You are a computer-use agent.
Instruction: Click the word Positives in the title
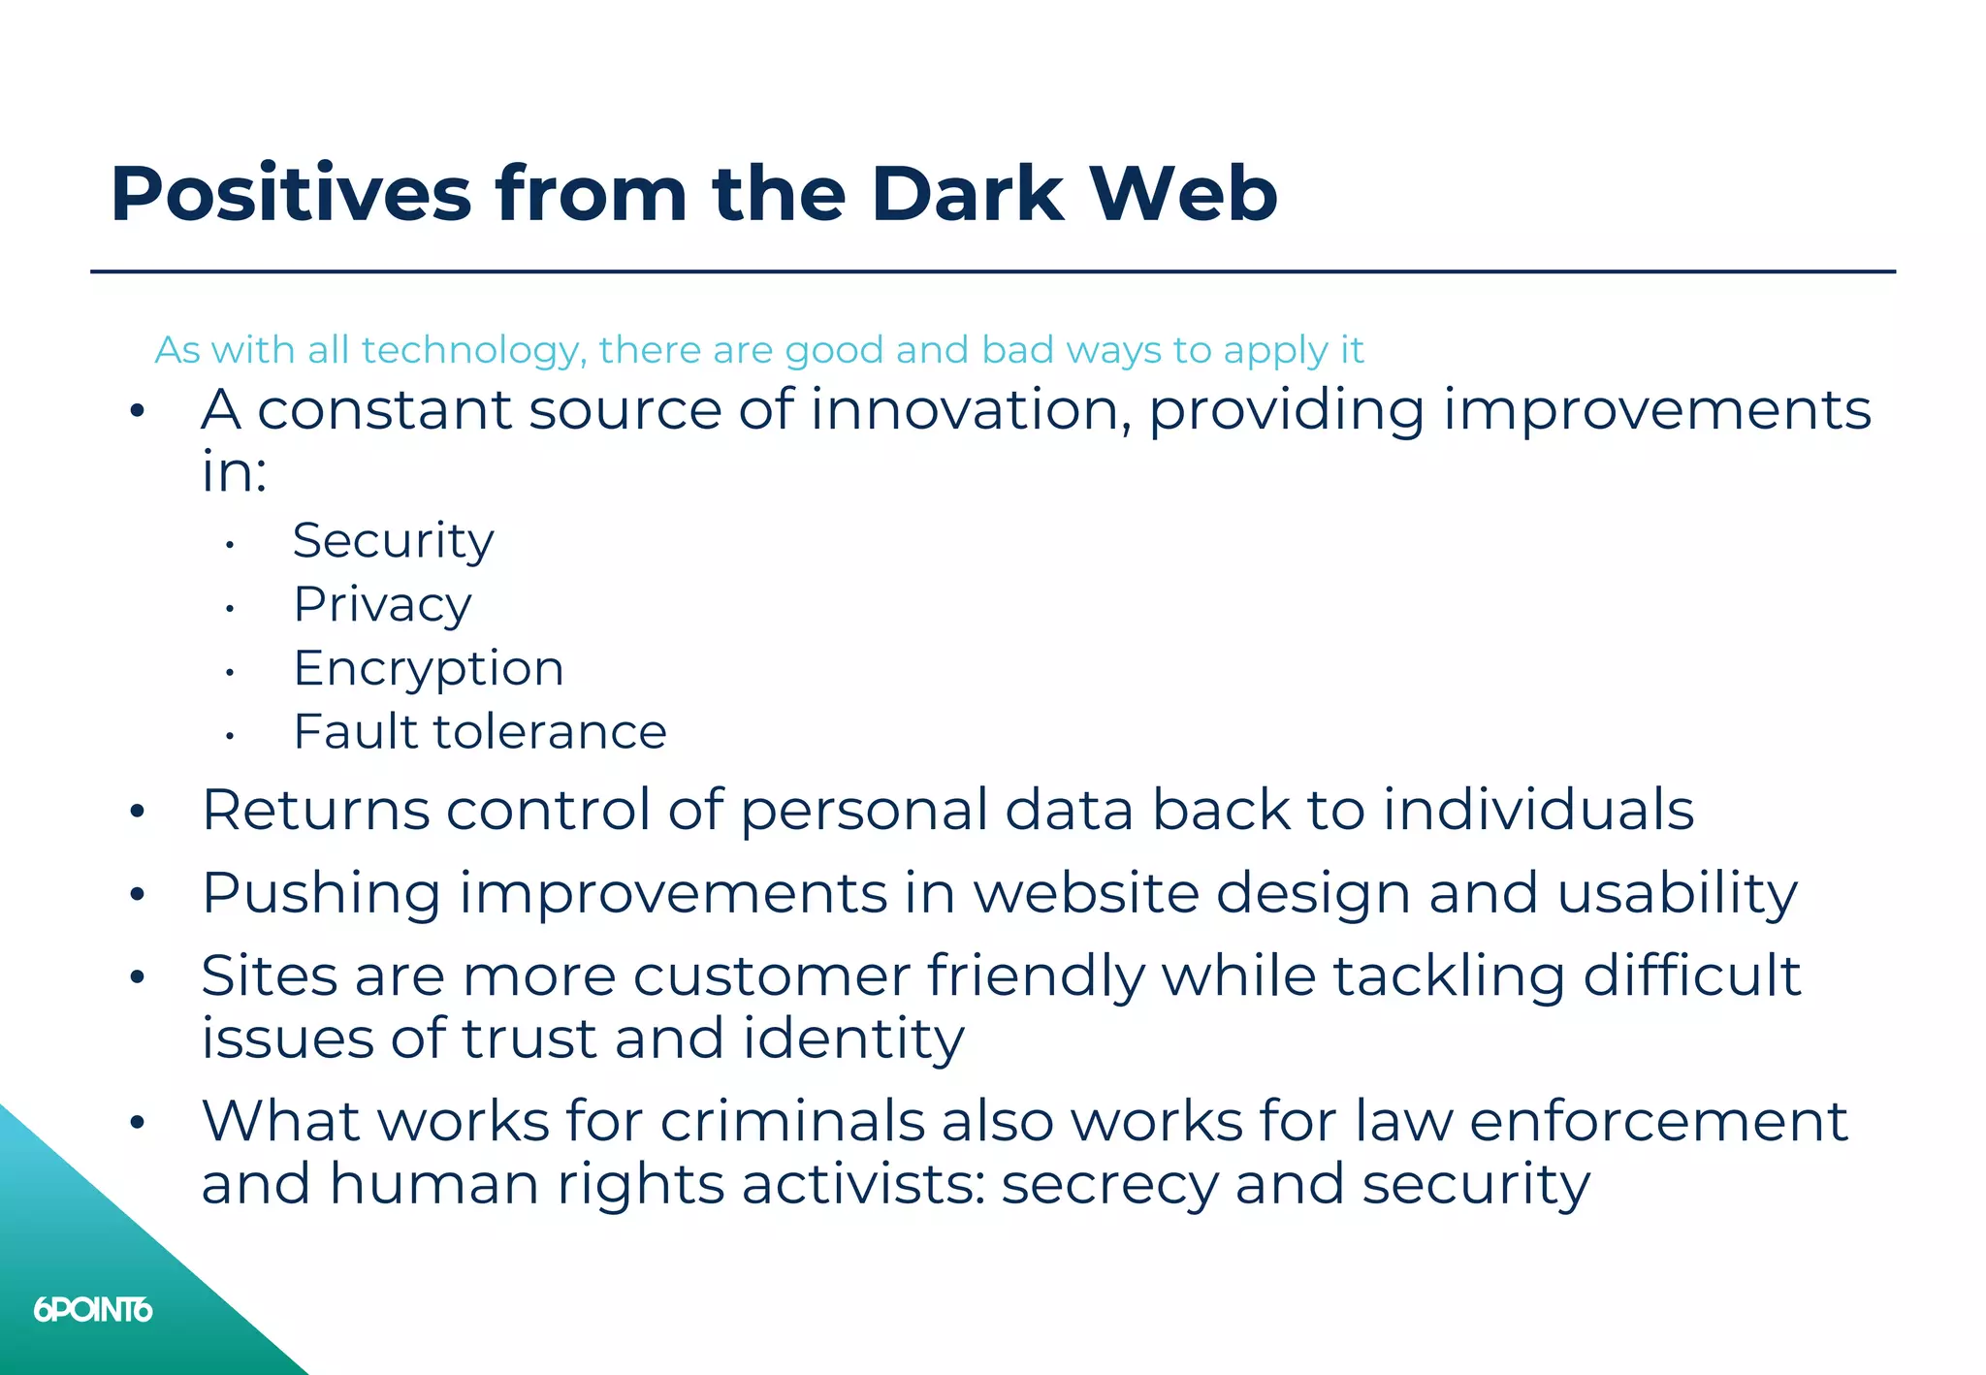(291, 194)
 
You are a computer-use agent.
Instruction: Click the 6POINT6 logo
(93, 1310)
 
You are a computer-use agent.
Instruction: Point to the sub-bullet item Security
(393, 540)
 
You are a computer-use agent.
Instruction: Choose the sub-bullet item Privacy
(382, 604)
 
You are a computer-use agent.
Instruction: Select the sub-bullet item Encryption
(428, 668)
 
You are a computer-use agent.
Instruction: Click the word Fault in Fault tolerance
(354, 731)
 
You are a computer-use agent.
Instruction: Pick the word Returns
(315, 810)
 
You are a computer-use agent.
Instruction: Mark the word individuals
(1538, 810)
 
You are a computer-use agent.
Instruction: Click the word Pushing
(321, 893)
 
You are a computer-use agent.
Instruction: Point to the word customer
(771, 975)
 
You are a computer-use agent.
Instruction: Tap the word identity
(853, 1039)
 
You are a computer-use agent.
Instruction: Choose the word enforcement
(1658, 1122)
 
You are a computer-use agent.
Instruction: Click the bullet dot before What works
(137, 1123)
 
